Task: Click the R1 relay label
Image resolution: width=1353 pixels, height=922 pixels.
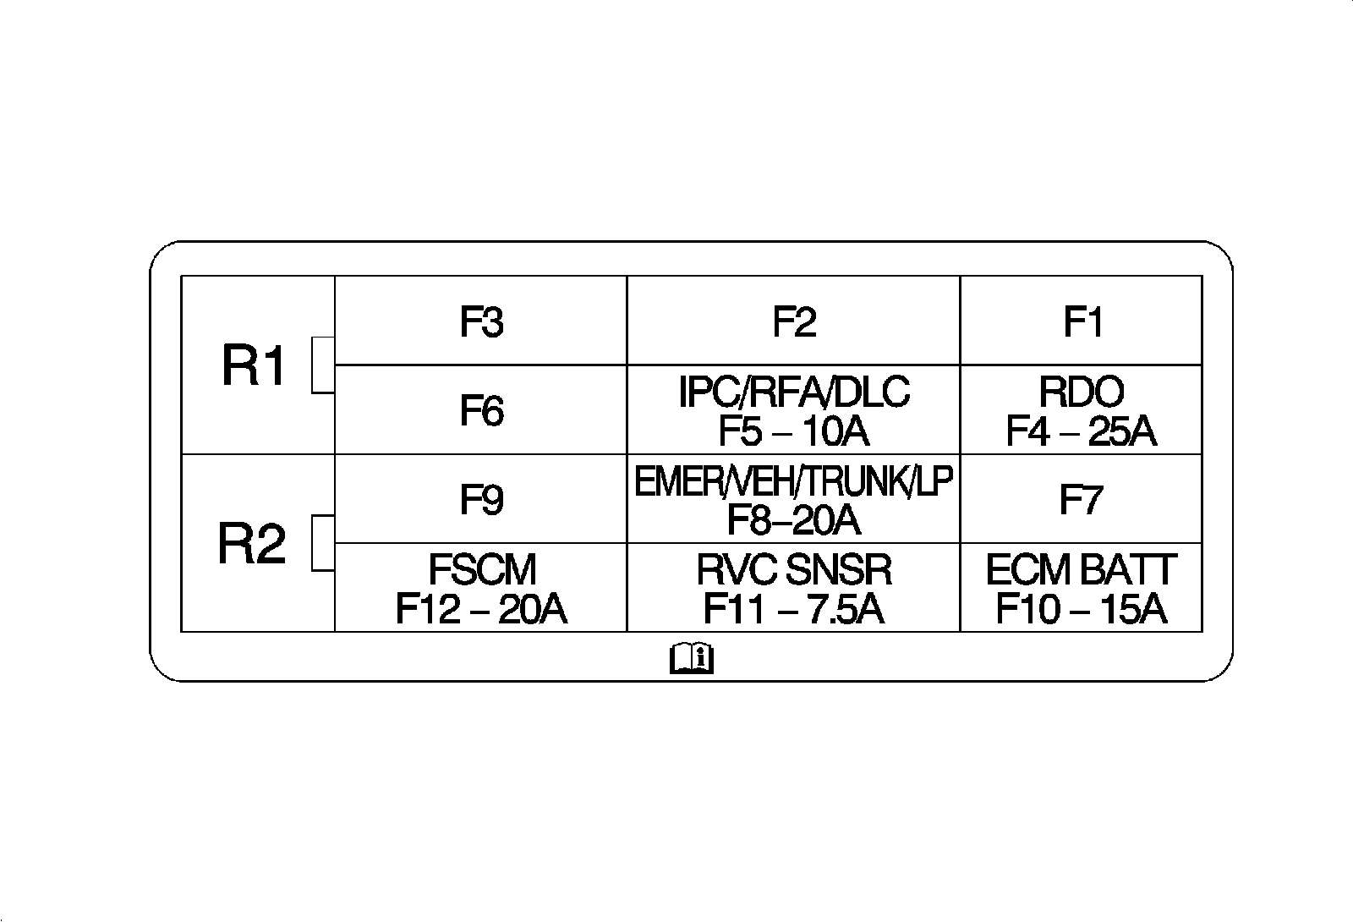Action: click(x=254, y=367)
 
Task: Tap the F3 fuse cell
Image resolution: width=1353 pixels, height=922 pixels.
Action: click(x=481, y=321)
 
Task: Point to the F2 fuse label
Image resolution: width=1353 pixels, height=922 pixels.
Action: click(x=794, y=321)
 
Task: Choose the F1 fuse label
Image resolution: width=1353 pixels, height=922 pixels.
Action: click(x=1082, y=321)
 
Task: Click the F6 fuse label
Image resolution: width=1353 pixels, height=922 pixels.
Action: click(x=481, y=411)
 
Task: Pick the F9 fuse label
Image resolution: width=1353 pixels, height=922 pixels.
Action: click(x=481, y=499)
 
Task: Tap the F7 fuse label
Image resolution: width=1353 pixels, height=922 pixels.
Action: click(x=1081, y=499)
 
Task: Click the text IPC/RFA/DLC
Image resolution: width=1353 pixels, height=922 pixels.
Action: click(x=794, y=392)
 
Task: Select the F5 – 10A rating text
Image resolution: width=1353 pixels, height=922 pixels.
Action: click(x=794, y=432)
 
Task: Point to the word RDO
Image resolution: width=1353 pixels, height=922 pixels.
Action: click(x=1082, y=392)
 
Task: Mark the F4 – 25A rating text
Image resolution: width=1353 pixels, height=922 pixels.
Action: click(x=1081, y=432)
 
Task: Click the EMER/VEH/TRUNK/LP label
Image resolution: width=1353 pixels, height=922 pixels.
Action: click(x=794, y=482)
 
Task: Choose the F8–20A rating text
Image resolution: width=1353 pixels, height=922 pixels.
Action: click(x=794, y=520)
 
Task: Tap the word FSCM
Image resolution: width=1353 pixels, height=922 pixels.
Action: click(x=482, y=570)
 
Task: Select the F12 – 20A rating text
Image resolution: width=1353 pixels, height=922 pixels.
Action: click(x=481, y=609)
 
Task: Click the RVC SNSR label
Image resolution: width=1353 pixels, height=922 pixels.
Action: click(x=794, y=570)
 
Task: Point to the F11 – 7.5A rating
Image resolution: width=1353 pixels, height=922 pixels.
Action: click(x=794, y=609)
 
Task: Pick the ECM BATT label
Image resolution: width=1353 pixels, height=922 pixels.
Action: click(x=1081, y=570)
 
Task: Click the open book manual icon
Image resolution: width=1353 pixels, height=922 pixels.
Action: click(x=692, y=658)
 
